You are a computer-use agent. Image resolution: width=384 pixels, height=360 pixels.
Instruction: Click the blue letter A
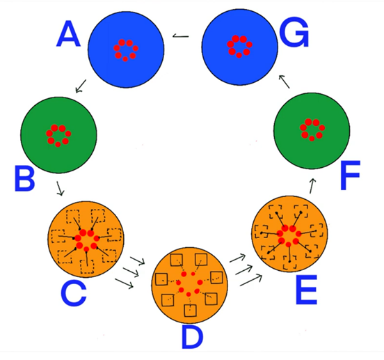tap(68, 34)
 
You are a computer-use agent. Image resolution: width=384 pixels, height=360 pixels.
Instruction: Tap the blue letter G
tap(294, 33)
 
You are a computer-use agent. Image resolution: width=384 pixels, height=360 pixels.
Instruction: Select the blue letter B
tap(24, 178)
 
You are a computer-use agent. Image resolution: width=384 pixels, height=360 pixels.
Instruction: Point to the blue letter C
tap(74, 293)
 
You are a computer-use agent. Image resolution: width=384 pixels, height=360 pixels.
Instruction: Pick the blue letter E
tap(306, 290)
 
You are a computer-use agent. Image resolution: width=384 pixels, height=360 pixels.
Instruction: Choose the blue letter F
tap(350, 175)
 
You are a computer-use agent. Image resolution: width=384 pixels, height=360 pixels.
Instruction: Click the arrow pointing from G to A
tap(181, 36)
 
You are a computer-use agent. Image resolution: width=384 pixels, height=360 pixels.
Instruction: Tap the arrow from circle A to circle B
tap(81, 86)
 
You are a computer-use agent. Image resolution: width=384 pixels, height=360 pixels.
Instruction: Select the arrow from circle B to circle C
tap(60, 189)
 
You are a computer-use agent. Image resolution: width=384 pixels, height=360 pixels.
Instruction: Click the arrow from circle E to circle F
tap(312, 186)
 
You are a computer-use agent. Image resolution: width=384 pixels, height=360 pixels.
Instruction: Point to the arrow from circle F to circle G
tap(284, 81)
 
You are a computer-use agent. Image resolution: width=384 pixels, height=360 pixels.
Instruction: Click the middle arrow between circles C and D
tap(131, 272)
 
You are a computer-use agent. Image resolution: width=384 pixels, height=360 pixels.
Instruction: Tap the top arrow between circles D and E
tap(237, 258)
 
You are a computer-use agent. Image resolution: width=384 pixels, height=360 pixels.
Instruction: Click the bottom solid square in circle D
tap(190, 311)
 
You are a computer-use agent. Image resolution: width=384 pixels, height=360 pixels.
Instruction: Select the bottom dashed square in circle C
tap(87, 267)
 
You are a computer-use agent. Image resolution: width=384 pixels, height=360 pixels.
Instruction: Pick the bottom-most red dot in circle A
tap(125, 58)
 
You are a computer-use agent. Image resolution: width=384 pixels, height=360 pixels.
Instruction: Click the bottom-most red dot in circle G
tap(239, 56)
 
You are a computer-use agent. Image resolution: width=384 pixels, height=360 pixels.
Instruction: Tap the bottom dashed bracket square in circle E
tap(289, 263)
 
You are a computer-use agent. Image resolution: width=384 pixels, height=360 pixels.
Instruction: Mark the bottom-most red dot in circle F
tap(312, 139)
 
